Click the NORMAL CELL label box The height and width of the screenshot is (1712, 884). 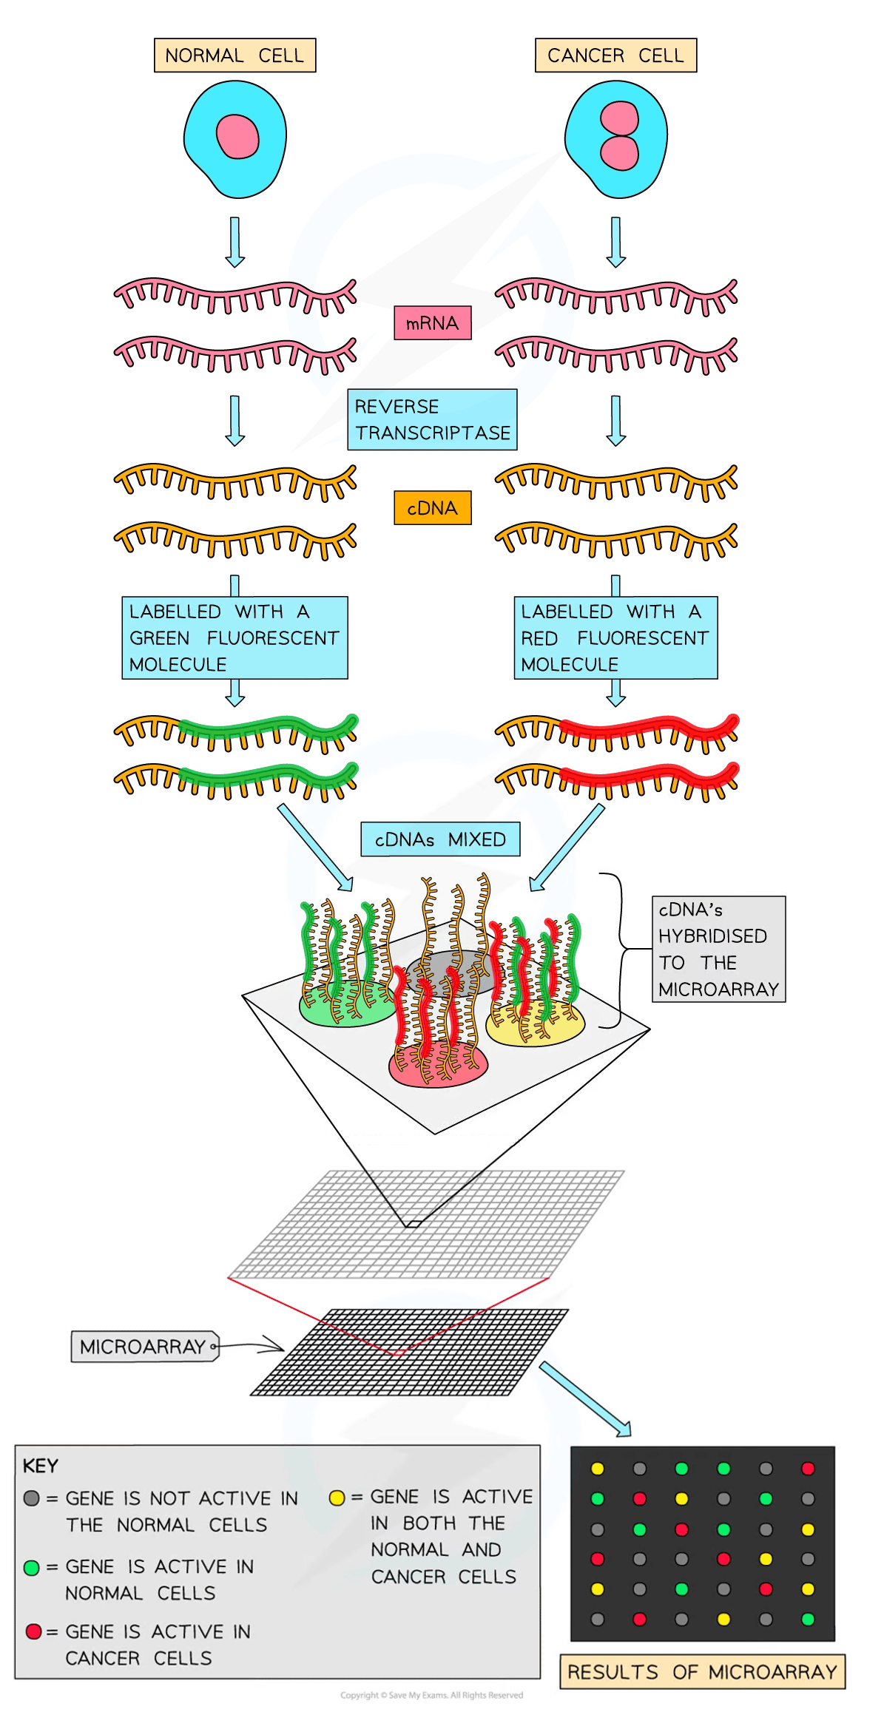(x=235, y=55)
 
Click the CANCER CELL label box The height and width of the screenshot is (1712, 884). (x=615, y=55)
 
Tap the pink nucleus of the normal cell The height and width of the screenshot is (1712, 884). (x=237, y=137)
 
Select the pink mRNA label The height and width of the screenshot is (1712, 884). (x=432, y=323)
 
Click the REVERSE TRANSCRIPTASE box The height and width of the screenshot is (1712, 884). (x=432, y=419)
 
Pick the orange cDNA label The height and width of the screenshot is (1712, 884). (x=432, y=508)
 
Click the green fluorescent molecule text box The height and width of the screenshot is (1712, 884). (x=234, y=637)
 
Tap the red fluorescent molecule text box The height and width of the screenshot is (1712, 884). (x=615, y=637)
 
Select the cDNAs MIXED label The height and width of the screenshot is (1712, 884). (x=440, y=839)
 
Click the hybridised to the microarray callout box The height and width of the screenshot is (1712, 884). (x=718, y=949)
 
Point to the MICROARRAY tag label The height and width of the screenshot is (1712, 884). (x=143, y=1347)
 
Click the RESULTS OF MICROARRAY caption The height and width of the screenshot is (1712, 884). (x=702, y=1672)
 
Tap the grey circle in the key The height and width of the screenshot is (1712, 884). (x=31, y=1498)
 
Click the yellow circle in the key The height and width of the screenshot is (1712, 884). (x=337, y=1498)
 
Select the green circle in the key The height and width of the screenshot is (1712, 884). (x=31, y=1568)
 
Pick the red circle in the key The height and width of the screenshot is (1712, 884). (x=33, y=1631)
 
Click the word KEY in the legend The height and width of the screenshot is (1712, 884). (x=40, y=1466)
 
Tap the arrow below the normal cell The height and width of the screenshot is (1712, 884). (x=235, y=241)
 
